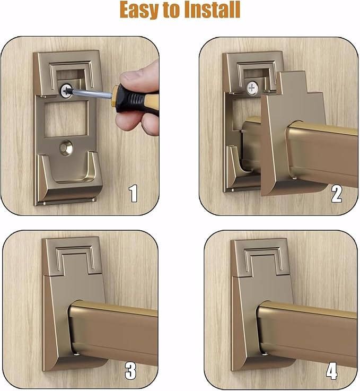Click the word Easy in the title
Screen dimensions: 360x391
tap(139, 10)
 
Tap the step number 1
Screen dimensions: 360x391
tap(133, 194)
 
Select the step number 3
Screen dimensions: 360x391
tap(130, 371)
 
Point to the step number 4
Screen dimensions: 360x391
tap(331, 371)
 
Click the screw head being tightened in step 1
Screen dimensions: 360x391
tap(66, 91)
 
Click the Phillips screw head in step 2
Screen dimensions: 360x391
tap(252, 88)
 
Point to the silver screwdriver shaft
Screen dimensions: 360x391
tap(91, 93)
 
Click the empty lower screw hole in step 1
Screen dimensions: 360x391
tap(66, 148)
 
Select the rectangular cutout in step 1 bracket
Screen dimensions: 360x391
tap(66, 119)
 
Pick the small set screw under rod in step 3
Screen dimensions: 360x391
tap(76, 354)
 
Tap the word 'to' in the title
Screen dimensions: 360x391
tap(172, 11)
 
